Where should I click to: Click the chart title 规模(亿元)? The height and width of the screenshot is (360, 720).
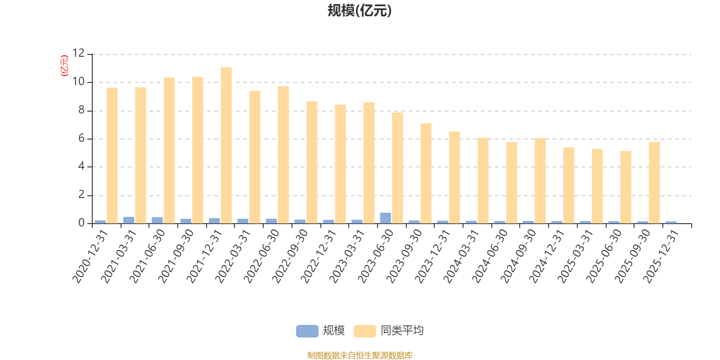(360, 11)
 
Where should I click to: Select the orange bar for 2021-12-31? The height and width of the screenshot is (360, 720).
(226, 145)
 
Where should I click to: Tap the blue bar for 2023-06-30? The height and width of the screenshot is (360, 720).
(385, 218)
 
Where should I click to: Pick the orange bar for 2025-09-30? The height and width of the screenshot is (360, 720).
(654, 182)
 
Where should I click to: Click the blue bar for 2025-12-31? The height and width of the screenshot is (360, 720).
(670, 222)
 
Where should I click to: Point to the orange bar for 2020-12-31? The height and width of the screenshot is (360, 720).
(112, 155)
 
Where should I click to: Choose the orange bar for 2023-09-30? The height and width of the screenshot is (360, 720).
(426, 173)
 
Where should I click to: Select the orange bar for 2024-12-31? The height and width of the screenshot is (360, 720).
(568, 185)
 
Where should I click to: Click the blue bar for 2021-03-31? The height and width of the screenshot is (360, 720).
(129, 220)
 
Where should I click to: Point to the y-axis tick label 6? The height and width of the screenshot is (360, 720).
(81, 139)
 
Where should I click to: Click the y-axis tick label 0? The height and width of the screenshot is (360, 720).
(81, 223)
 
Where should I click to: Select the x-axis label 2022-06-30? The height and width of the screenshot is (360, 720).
(262, 256)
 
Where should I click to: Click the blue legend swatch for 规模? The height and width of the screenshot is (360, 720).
(307, 331)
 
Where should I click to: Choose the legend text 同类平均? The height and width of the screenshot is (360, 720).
(402, 331)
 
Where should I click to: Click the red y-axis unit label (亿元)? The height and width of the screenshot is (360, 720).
(64, 66)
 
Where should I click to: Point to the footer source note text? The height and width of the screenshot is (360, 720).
(360, 355)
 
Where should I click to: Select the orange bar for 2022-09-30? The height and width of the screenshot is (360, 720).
(312, 162)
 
